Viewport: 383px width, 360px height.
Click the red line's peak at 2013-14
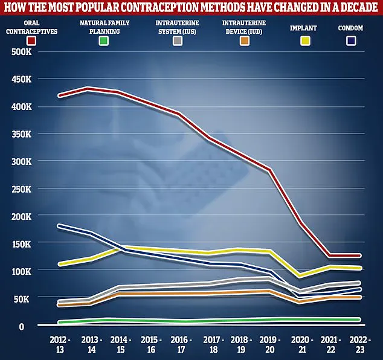(x=89, y=89)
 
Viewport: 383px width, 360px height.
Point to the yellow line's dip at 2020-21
(x=300, y=276)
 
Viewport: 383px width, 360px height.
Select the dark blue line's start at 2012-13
(x=59, y=226)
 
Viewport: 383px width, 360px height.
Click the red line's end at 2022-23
(x=360, y=256)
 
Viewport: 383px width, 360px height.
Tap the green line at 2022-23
(x=360, y=320)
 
